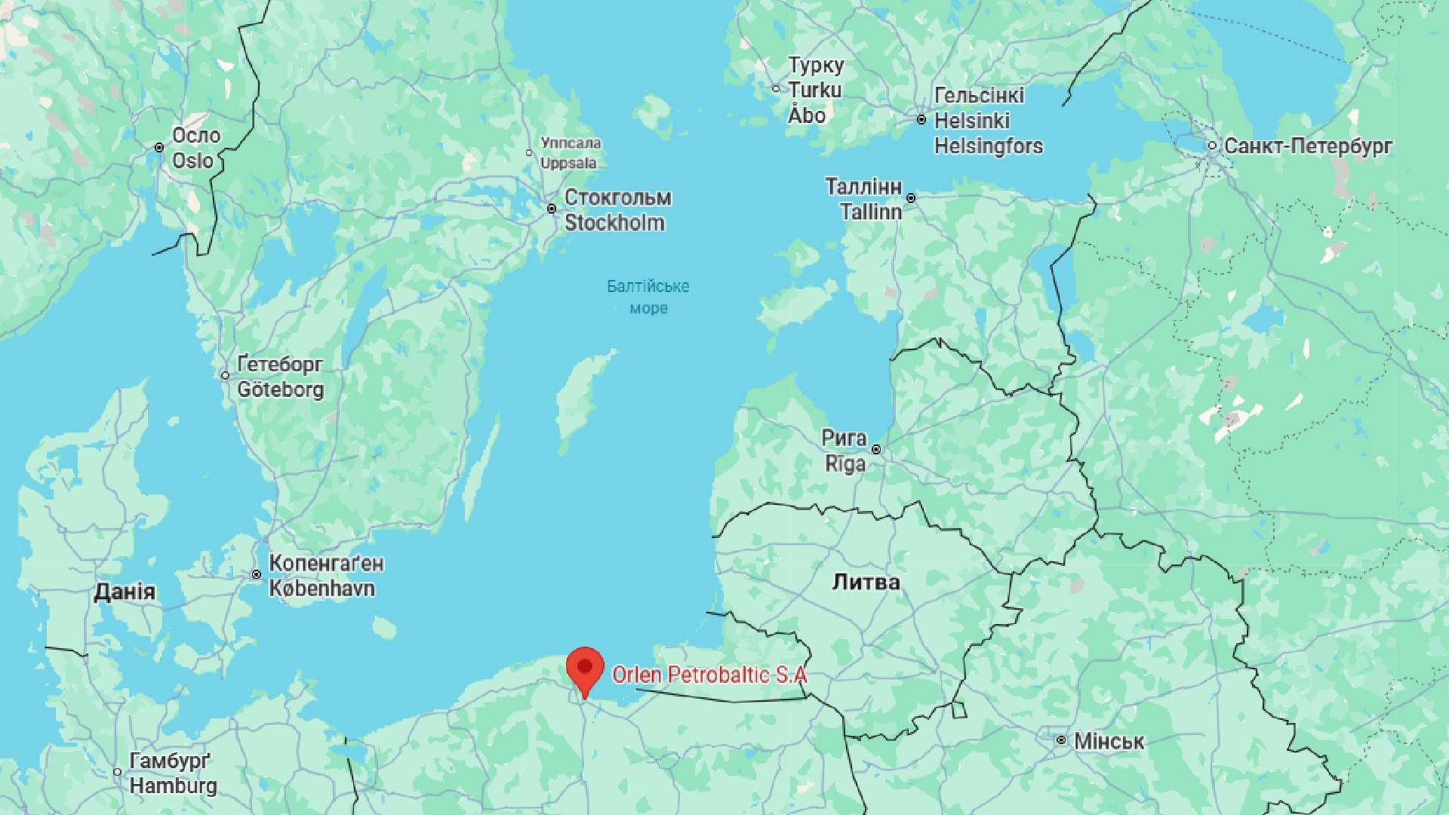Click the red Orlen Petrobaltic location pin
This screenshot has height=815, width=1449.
(585, 669)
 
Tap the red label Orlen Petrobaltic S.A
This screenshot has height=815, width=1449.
(709, 675)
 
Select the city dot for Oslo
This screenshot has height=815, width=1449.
(159, 148)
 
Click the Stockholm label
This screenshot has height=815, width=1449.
(614, 223)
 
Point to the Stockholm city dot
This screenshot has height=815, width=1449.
(552, 208)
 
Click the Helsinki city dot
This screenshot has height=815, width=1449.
(921, 120)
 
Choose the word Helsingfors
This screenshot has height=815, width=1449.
(989, 146)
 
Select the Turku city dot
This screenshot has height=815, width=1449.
(776, 89)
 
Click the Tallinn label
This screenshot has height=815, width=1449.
(871, 211)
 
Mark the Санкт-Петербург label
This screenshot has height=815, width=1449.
(1308, 146)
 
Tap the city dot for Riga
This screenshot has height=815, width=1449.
(876, 450)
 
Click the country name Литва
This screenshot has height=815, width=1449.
(866, 582)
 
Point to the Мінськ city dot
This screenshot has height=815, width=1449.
(1061, 740)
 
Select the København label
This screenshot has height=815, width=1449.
(321, 589)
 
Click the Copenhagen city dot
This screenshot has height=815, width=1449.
(257, 575)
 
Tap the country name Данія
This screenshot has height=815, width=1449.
(125, 592)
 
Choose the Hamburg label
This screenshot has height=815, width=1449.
(173, 786)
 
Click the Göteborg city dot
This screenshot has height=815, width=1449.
(225, 375)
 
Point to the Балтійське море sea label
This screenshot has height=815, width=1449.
(648, 297)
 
